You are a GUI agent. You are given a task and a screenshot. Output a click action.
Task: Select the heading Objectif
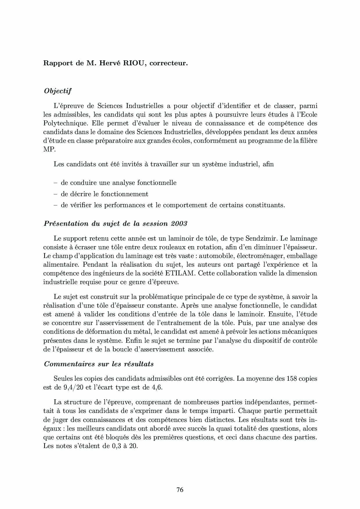pos(57,91)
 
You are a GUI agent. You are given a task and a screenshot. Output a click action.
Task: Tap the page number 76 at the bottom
pos(180,490)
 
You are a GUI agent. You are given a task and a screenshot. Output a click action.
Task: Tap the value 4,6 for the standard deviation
pos(156,387)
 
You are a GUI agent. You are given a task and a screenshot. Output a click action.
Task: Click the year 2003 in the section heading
pos(179,224)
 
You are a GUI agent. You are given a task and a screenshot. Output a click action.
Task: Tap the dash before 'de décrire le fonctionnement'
pos(55,194)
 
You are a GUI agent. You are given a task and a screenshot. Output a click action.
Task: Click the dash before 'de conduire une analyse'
pos(55,183)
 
